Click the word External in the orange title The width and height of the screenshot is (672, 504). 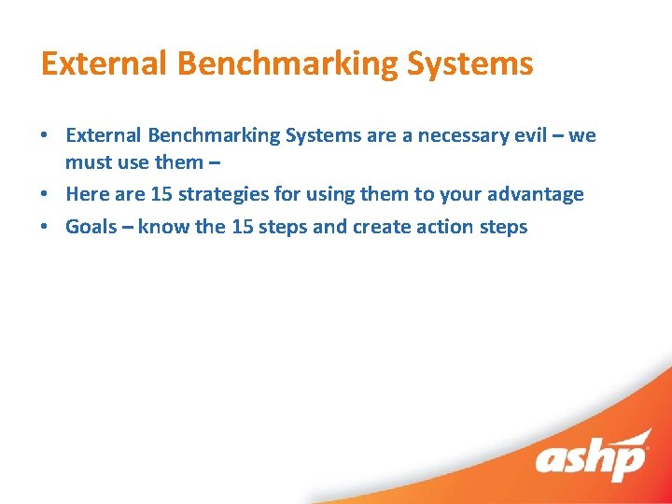[104, 63]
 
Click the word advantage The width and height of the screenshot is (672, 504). [536, 194]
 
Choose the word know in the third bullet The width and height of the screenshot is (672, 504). [163, 226]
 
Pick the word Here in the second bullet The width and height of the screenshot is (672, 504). [86, 194]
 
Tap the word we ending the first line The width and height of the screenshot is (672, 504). [582, 135]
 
